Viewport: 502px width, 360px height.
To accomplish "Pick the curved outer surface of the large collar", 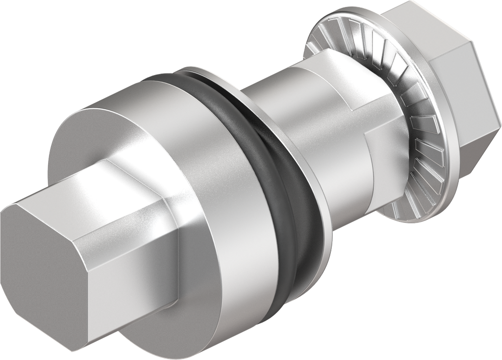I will point(216,147).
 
